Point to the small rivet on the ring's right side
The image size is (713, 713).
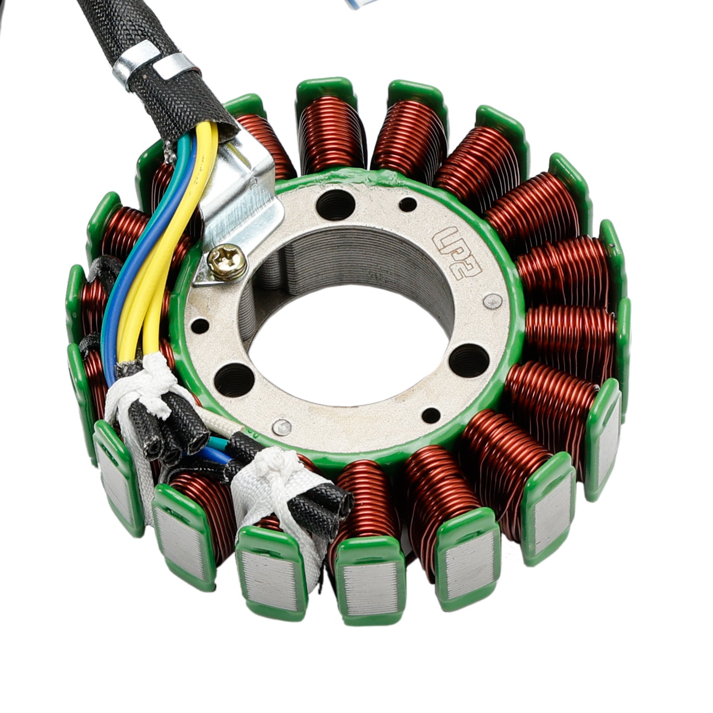coord(492,302)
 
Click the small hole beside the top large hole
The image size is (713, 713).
coord(408,205)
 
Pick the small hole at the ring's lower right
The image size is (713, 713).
coord(430,415)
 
